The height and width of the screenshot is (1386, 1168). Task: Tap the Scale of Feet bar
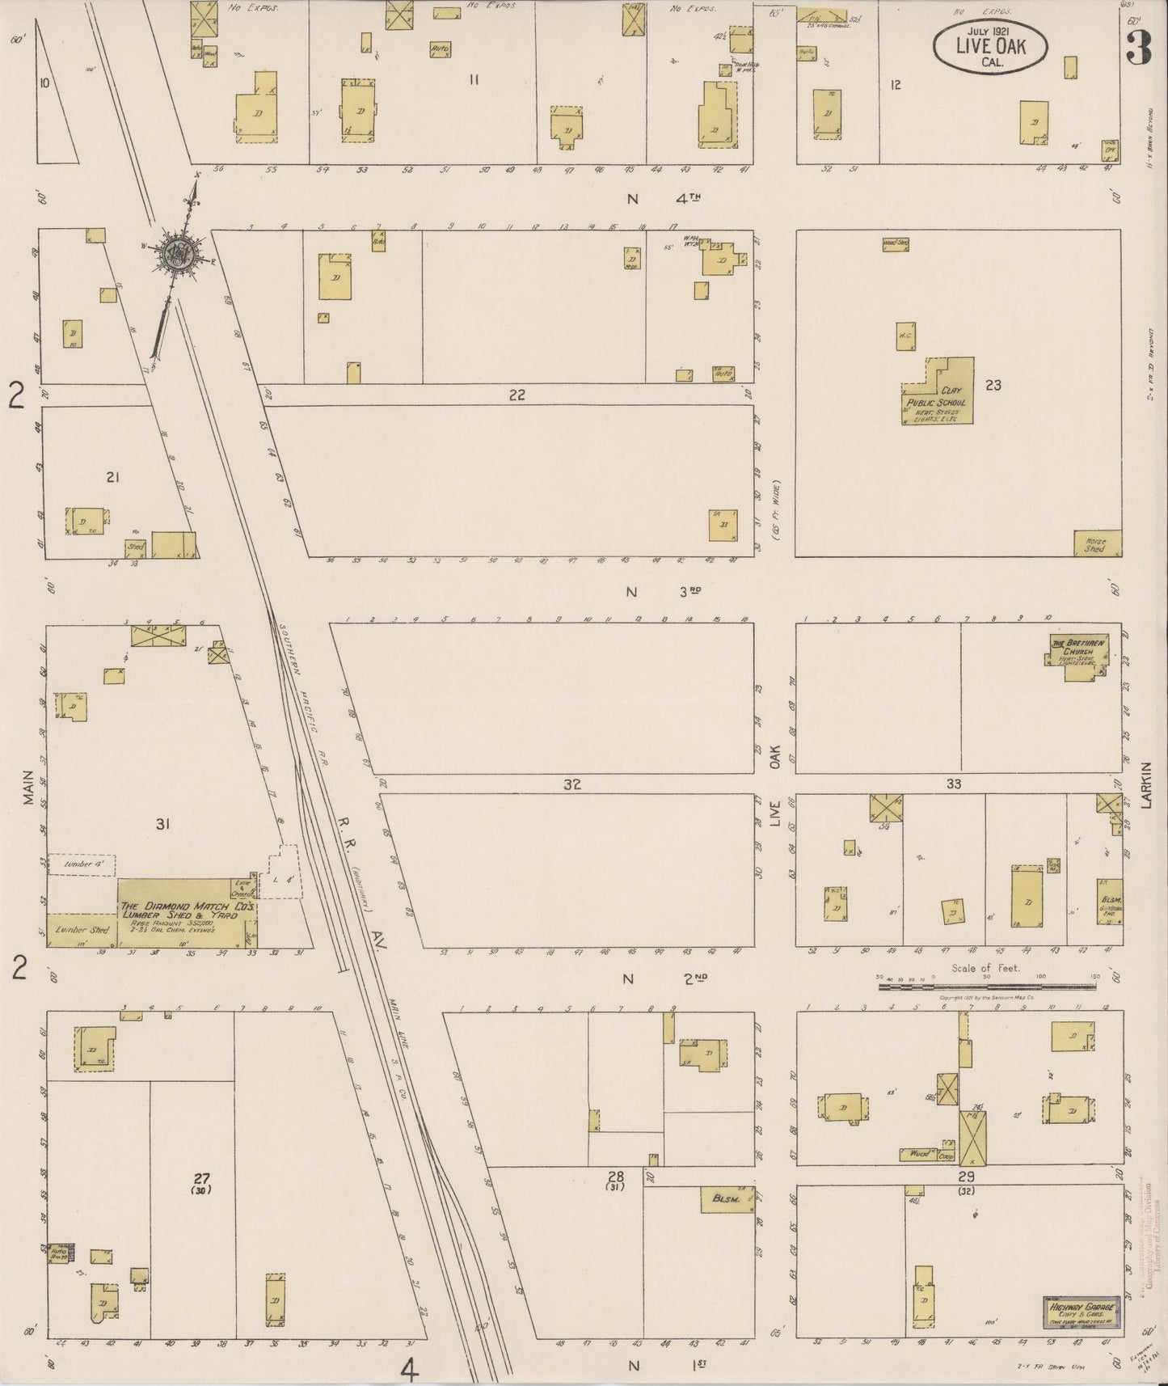click(987, 982)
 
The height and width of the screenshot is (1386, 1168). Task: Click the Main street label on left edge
click(28, 787)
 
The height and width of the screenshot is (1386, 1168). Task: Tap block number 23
click(993, 385)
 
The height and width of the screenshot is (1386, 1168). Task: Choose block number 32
click(572, 784)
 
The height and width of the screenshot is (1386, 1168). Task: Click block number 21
click(112, 477)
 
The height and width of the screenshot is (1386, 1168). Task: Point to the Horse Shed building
click(1096, 543)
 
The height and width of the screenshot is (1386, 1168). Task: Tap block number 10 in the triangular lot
click(44, 82)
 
